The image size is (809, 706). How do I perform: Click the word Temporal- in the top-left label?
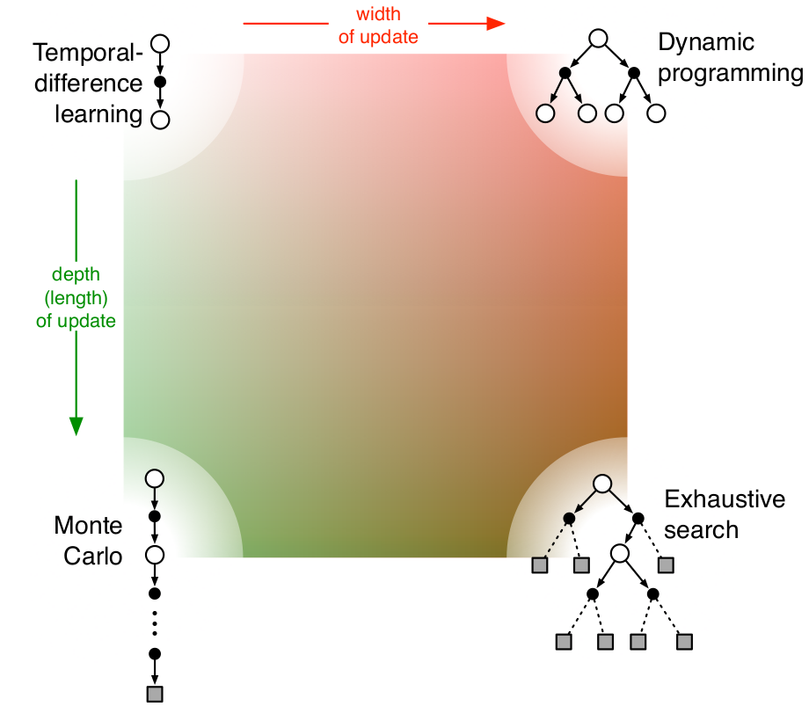[87, 55]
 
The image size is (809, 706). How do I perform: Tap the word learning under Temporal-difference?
[98, 114]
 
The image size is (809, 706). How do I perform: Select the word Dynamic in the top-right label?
[707, 42]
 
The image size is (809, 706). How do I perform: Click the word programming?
[731, 73]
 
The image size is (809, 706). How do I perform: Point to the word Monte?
[88, 526]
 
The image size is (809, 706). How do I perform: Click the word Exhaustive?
[725, 499]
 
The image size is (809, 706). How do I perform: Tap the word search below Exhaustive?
[702, 530]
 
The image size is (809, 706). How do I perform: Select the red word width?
[377, 15]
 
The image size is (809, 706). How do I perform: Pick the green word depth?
[76, 276]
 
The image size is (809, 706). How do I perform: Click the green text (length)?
[76, 298]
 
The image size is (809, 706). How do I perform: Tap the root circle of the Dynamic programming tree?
[598, 39]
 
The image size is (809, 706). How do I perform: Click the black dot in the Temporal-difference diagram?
[160, 82]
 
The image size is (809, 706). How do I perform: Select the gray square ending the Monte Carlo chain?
[155, 694]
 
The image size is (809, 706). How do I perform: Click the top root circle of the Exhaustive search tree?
[602, 484]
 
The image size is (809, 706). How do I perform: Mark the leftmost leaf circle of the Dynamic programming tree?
[544, 113]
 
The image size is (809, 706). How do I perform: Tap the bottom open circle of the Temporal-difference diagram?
[160, 120]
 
